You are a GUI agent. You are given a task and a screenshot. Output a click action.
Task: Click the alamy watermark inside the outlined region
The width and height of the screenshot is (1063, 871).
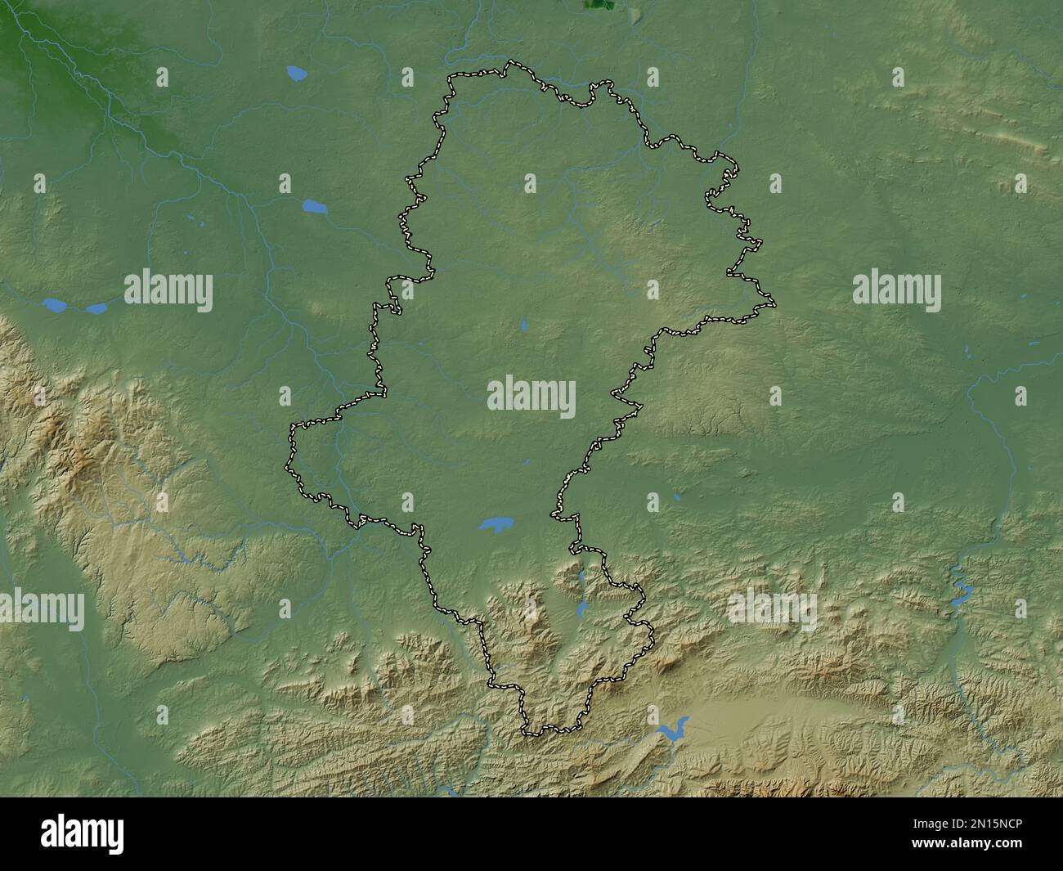(531, 397)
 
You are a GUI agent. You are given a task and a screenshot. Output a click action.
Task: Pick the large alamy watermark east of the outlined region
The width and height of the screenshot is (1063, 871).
(896, 291)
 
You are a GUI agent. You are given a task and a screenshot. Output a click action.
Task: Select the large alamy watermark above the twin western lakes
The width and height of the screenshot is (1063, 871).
(168, 291)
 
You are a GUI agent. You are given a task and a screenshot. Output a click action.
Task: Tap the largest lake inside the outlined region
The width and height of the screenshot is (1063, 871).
(496, 523)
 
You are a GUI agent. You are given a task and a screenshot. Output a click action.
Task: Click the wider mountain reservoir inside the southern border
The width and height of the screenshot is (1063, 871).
(582, 608)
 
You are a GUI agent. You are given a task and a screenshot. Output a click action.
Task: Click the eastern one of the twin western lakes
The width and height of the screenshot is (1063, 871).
(96, 308)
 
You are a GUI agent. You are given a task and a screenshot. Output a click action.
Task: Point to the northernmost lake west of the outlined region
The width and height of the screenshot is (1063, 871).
(297, 74)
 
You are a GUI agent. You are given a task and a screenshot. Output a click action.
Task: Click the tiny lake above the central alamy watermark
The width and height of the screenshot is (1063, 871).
(523, 328)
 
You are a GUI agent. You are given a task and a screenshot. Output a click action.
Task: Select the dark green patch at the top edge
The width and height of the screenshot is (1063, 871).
(599, 5)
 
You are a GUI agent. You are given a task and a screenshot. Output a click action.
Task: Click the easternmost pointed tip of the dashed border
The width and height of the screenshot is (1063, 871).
(774, 305)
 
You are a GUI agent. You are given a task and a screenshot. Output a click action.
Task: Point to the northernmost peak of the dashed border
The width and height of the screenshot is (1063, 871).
(510, 61)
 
